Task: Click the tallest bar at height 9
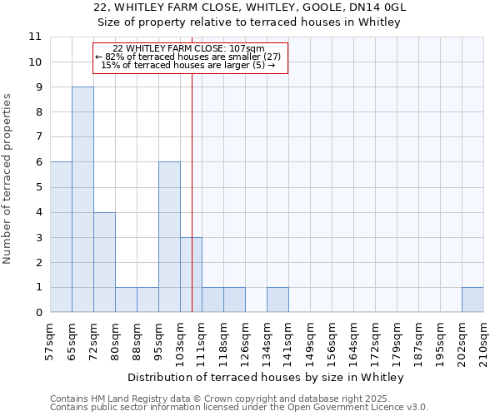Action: [82, 200]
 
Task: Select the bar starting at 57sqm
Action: [61, 237]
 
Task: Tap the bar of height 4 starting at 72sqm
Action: [104, 262]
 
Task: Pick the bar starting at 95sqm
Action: [169, 237]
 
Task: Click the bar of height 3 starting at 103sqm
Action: [191, 275]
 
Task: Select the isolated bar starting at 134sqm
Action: [277, 300]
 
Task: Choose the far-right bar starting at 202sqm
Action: [472, 300]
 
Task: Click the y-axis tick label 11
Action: [34, 37]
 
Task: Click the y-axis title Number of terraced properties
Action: [8, 179]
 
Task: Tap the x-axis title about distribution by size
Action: [266, 378]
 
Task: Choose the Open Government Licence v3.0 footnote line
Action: [238, 407]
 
